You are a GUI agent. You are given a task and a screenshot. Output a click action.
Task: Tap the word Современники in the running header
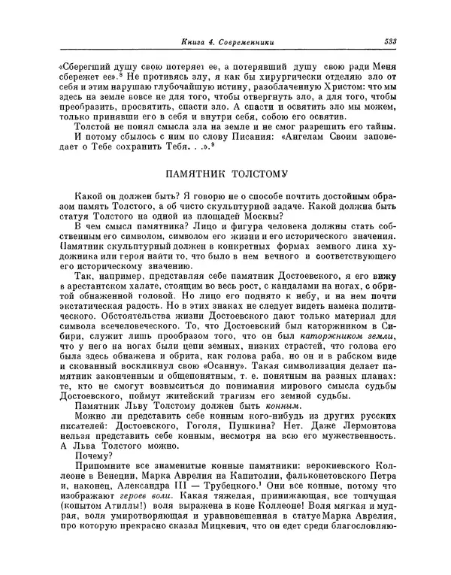(x=245, y=41)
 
